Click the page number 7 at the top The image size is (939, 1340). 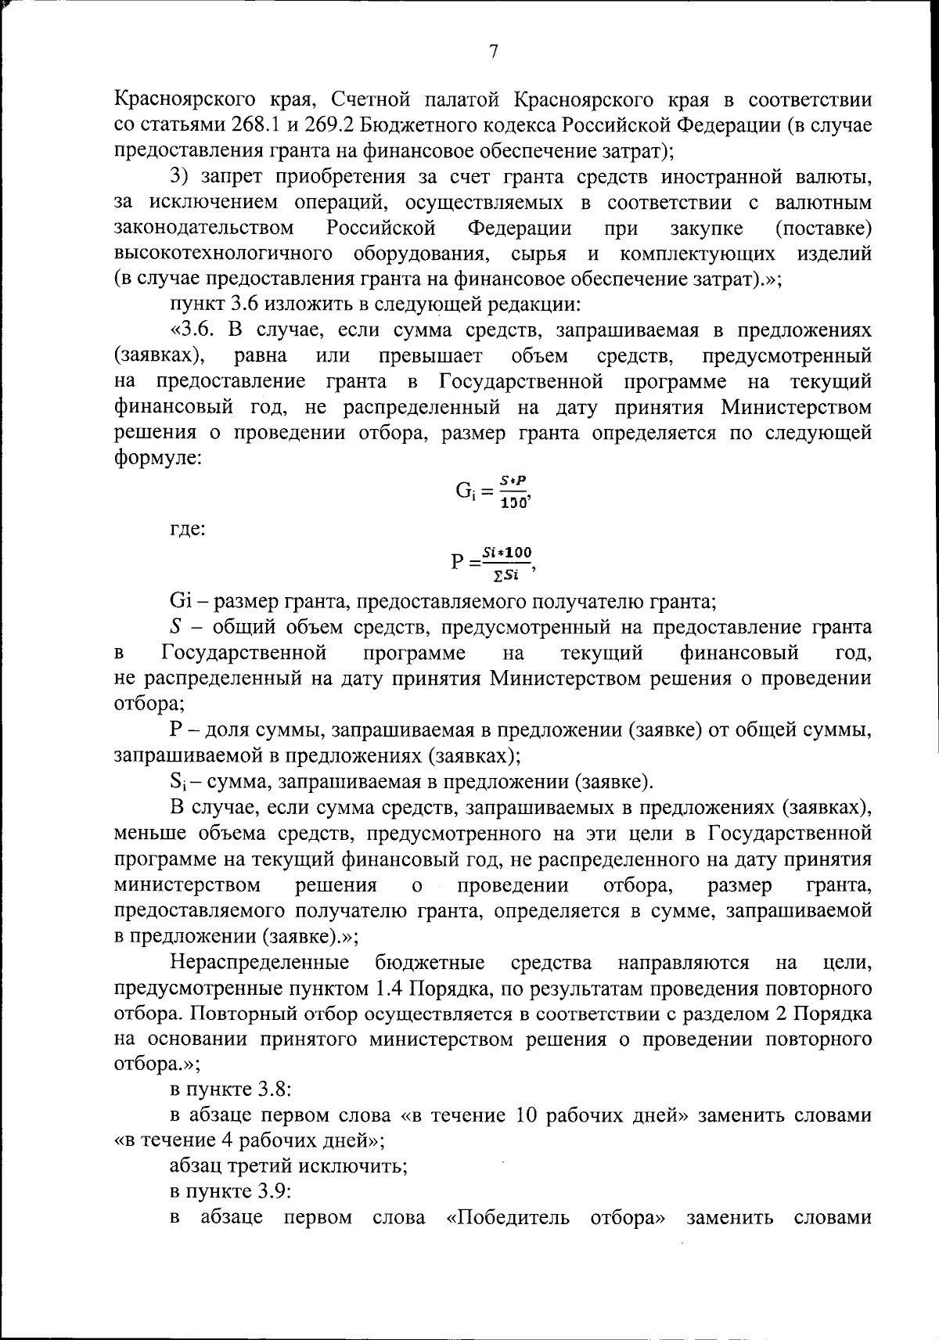tap(493, 52)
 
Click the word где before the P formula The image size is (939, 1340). tap(187, 529)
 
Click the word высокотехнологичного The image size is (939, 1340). tap(221, 254)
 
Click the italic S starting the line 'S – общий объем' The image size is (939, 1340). tap(176, 628)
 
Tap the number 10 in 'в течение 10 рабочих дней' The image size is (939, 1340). tap(525, 1115)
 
